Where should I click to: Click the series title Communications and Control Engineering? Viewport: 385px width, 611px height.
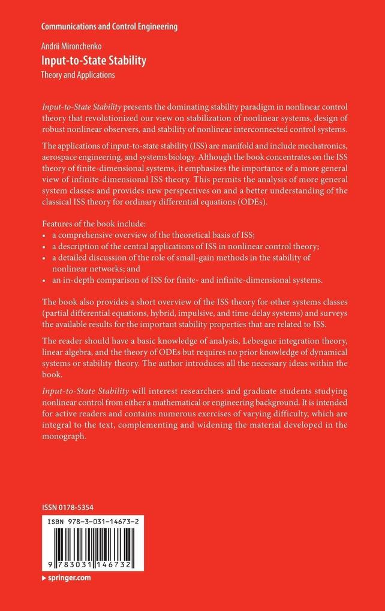click(x=110, y=27)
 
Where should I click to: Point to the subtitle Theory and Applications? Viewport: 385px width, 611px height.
click(x=78, y=75)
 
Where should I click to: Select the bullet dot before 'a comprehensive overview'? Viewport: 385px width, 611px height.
click(x=44, y=235)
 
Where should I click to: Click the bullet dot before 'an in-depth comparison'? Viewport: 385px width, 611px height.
click(x=44, y=279)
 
